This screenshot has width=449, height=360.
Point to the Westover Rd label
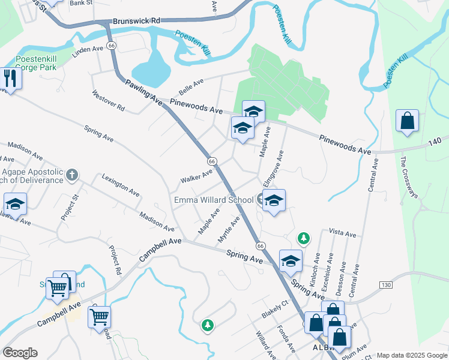(108, 101)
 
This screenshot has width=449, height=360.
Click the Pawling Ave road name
(144, 92)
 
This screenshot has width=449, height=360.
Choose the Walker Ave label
(196, 177)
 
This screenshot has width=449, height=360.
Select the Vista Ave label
(342, 233)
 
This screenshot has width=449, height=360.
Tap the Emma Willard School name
(214, 200)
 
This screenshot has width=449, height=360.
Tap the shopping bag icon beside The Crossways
(407, 121)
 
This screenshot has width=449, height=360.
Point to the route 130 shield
(385, 284)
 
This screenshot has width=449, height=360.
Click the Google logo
(20, 353)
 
